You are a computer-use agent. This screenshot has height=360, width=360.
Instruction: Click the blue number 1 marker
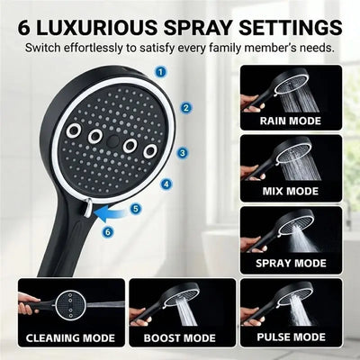point(161,72)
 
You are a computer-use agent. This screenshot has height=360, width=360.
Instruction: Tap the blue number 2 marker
point(186,108)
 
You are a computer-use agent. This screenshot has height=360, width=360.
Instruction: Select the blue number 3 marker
point(183,153)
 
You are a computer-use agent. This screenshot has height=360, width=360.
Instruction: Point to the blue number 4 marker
point(166,184)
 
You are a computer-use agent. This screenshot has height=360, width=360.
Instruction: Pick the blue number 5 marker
point(136,209)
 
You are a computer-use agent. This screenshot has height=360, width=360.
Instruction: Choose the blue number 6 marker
point(108,231)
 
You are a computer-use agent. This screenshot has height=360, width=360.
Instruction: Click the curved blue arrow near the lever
point(111,214)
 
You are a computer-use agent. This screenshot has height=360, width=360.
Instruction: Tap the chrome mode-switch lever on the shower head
point(88,207)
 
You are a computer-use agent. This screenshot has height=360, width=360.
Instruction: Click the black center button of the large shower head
point(112,139)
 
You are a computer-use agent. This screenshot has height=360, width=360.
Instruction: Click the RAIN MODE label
point(290,121)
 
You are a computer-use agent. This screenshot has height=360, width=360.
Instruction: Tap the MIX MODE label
point(291,191)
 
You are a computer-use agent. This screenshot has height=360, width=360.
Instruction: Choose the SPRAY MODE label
point(291,263)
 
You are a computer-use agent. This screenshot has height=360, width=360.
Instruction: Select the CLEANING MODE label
point(70,338)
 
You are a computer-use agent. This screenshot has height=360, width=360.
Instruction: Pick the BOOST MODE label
point(180,338)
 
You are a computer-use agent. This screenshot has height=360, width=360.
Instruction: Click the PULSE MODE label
point(291,337)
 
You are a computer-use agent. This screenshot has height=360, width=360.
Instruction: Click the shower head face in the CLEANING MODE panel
point(71,305)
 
